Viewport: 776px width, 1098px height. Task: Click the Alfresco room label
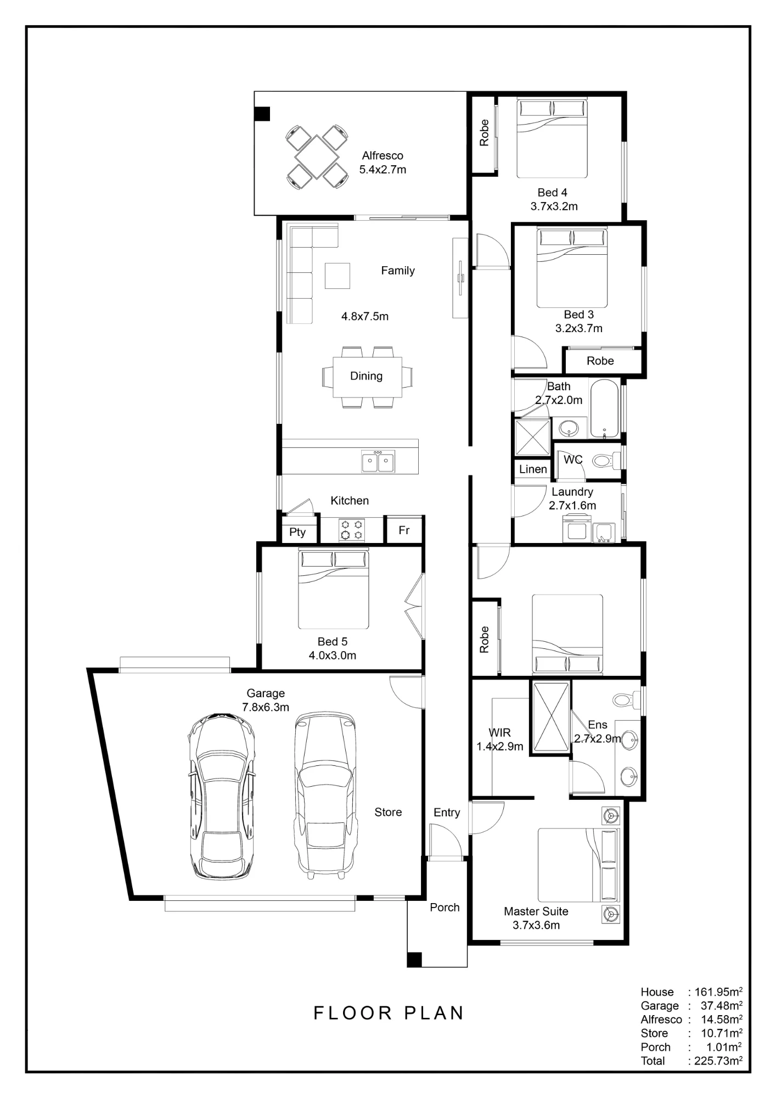[x=383, y=156]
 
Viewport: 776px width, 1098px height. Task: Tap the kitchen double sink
[x=378, y=461]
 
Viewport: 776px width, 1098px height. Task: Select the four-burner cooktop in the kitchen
[x=352, y=530]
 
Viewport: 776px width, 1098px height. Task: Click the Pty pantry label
[x=297, y=532]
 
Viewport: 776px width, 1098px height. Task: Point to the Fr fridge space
[x=404, y=530]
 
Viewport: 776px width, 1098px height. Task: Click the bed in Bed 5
[x=333, y=589]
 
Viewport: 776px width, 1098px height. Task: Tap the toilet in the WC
[x=606, y=460]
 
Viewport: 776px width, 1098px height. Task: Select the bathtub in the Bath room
[x=604, y=408]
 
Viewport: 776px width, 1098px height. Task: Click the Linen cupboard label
[x=533, y=469]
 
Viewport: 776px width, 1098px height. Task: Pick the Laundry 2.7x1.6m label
[x=572, y=498]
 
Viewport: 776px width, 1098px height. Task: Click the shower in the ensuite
[x=551, y=717]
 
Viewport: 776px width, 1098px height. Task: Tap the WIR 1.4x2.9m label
[x=499, y=740]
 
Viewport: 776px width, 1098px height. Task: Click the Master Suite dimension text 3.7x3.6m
[x=536, y=925]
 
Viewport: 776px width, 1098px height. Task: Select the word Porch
[x=445, y=907]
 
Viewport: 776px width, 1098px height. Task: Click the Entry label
[x=447, y=813]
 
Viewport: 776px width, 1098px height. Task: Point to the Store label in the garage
[x=388, y=812]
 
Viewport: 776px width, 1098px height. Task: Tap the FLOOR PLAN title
[x=389, y=1013]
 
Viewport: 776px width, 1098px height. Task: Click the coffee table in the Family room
[x=337, y=276]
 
